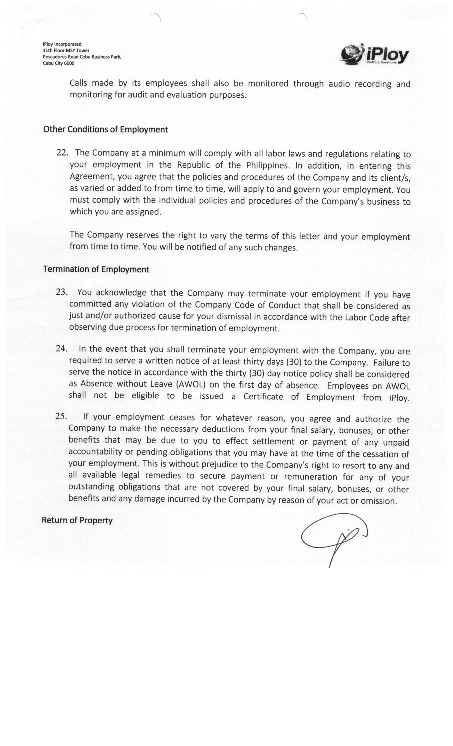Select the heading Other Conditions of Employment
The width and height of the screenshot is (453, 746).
point(105,129)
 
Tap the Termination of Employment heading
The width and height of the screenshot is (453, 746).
point(96,269)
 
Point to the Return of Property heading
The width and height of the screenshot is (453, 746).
point(77,520)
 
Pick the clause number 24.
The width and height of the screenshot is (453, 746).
point(61,348)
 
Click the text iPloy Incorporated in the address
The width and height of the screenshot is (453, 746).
point(62,44)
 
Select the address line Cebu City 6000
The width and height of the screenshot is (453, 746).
point(58,63)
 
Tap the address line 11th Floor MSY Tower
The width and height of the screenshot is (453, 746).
point(66,51)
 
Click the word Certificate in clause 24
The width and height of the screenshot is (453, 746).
point(263,397)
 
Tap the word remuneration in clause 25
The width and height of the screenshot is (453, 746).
point(310,477)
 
